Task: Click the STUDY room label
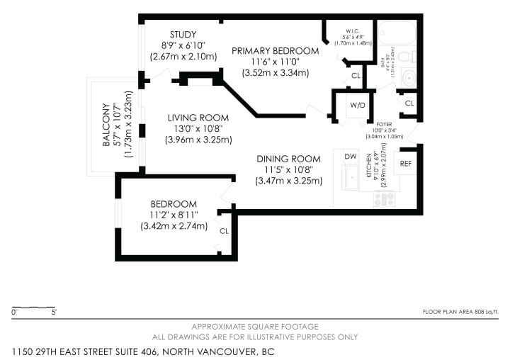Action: tap(183, 35)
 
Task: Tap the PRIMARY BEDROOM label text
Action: tap(276, 50)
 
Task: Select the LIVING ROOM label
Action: tap(198, 118)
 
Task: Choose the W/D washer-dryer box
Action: tap(356, 106)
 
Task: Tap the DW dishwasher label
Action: tap(350, 156)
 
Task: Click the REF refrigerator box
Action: tap(406, 164)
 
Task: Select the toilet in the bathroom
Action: tap(404, 57)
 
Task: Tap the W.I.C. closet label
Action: tap(351, 30)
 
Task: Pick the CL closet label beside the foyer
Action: tap(409, 103)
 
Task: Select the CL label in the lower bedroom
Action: tap(224, 230)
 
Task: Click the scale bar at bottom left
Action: tap(33, 308)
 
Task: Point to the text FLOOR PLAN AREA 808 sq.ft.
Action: tap(460, 312)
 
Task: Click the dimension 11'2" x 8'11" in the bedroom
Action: tap(174, 214)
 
